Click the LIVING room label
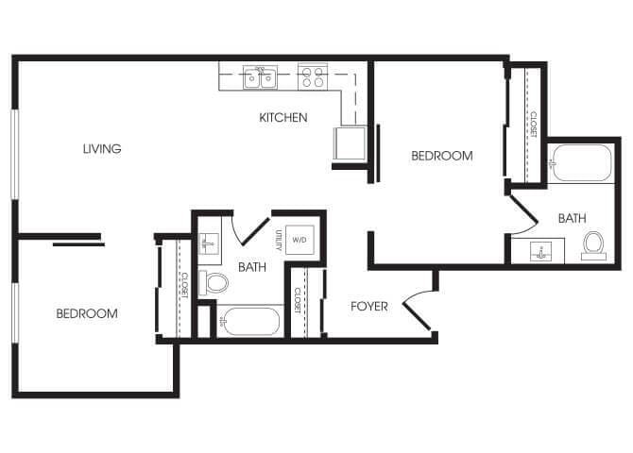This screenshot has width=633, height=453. (101, 148)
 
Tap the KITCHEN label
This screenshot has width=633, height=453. (283, 118)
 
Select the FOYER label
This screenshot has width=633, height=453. (369, 306)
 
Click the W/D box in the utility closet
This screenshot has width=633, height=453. (300, 240)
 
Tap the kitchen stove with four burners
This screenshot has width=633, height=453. (312, 77)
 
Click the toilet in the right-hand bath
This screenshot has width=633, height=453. (593, 243)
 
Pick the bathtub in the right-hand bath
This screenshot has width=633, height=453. (582, 163)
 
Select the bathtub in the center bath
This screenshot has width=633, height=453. (249, 322)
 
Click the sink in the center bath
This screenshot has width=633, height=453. (208, 243)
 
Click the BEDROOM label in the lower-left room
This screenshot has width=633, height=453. (86, 313)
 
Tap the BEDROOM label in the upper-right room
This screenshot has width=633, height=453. (441, 156)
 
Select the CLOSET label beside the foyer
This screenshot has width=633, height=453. (298, 300)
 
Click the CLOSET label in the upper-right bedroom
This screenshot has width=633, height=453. (533, 125)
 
